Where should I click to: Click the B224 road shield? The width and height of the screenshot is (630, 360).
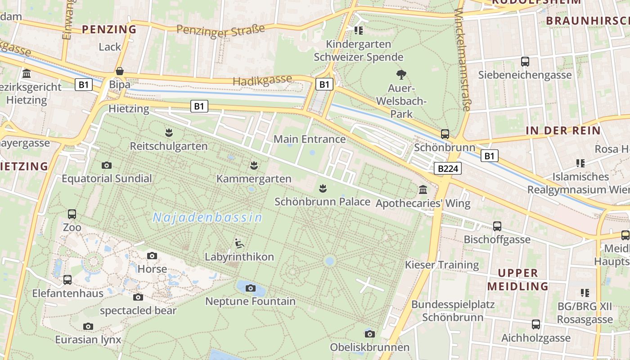pos(448,169)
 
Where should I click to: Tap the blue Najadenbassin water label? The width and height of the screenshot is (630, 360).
pos(207,218)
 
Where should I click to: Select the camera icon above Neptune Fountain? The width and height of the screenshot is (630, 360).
pos(251,288)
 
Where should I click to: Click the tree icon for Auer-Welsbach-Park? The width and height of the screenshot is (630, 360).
pos(401,74)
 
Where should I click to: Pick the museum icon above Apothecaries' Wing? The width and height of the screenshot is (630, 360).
pos(423,190)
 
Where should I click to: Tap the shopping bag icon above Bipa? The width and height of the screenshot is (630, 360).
pos(120,71)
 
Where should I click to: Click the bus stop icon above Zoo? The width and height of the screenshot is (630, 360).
pos(72,214)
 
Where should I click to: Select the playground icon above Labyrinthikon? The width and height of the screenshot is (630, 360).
pos(239,243)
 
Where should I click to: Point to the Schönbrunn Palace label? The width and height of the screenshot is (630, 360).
pos(322,202)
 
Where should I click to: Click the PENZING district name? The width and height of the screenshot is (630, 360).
pos(109,30)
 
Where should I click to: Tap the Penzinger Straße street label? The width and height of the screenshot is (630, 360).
pos(220,30)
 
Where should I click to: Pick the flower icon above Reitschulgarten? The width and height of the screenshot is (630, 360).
pos(169,132)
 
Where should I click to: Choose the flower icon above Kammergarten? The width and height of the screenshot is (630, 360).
pos(254,165)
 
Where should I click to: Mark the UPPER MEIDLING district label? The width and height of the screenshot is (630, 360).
pos(518,279)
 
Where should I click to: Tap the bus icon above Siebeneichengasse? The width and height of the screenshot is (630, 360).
pos(525,62)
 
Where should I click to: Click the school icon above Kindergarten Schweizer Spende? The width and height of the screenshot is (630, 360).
pos(359,31)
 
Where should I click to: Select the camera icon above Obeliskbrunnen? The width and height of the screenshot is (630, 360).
pos(370,333)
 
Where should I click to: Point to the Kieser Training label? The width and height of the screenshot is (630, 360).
pos(442,265)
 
